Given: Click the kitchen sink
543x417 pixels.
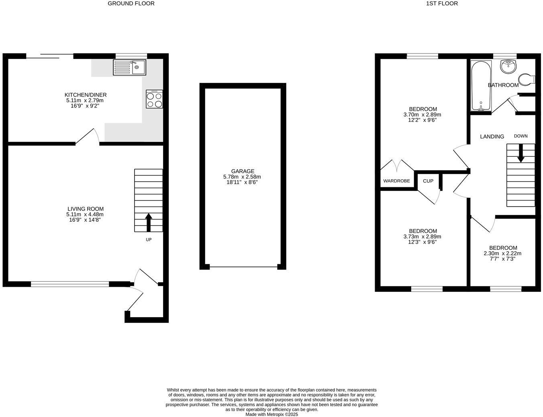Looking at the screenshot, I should click(130, 67).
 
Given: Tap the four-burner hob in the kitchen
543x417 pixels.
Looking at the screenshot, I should click(154, 99).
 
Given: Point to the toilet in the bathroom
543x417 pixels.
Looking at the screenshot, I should click(527, 79).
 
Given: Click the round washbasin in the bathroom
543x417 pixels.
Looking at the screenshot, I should click(508, 66).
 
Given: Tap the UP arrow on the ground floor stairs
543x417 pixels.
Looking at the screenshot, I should click(149, 222).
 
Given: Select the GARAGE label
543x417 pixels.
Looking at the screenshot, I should click(243, 171).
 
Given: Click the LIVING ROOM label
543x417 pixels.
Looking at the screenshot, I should click(86, 209).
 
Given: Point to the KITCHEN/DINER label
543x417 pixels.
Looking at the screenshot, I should click(87, 95).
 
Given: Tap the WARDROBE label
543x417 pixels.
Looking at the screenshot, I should click(396, 181).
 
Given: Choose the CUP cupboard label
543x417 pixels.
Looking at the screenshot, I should click(428, 181).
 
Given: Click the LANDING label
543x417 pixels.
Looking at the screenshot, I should click(492, 137).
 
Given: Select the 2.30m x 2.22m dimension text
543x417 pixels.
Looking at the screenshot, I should click(502, 253).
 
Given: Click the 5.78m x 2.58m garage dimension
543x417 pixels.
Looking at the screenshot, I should click(242, 177).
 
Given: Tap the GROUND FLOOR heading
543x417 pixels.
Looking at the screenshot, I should click(131, 4).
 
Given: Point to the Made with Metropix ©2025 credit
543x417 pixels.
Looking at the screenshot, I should click(271, 415).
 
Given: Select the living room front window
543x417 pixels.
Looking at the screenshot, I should click(70, 284).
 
